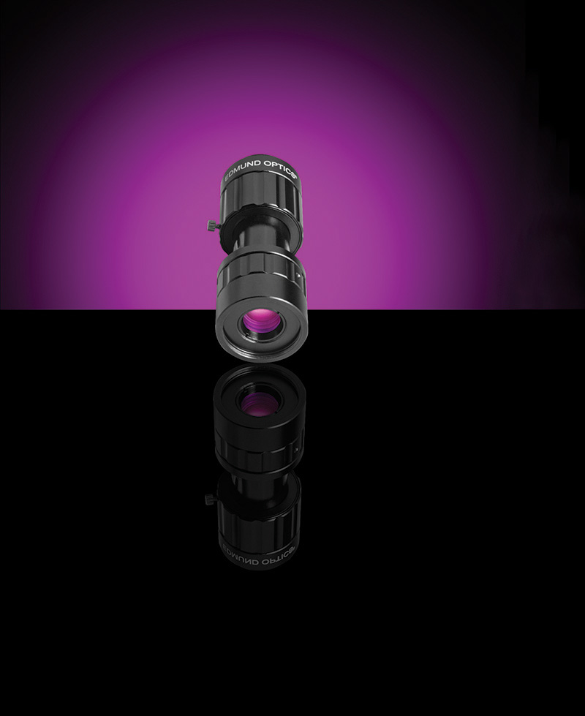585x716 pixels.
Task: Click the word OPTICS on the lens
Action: (279, 166)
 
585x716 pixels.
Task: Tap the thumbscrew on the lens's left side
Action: (211, 225)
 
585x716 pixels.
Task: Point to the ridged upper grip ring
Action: (261, 196)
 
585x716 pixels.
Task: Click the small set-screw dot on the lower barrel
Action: (298, 275)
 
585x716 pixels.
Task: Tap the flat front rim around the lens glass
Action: (260, 326)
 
